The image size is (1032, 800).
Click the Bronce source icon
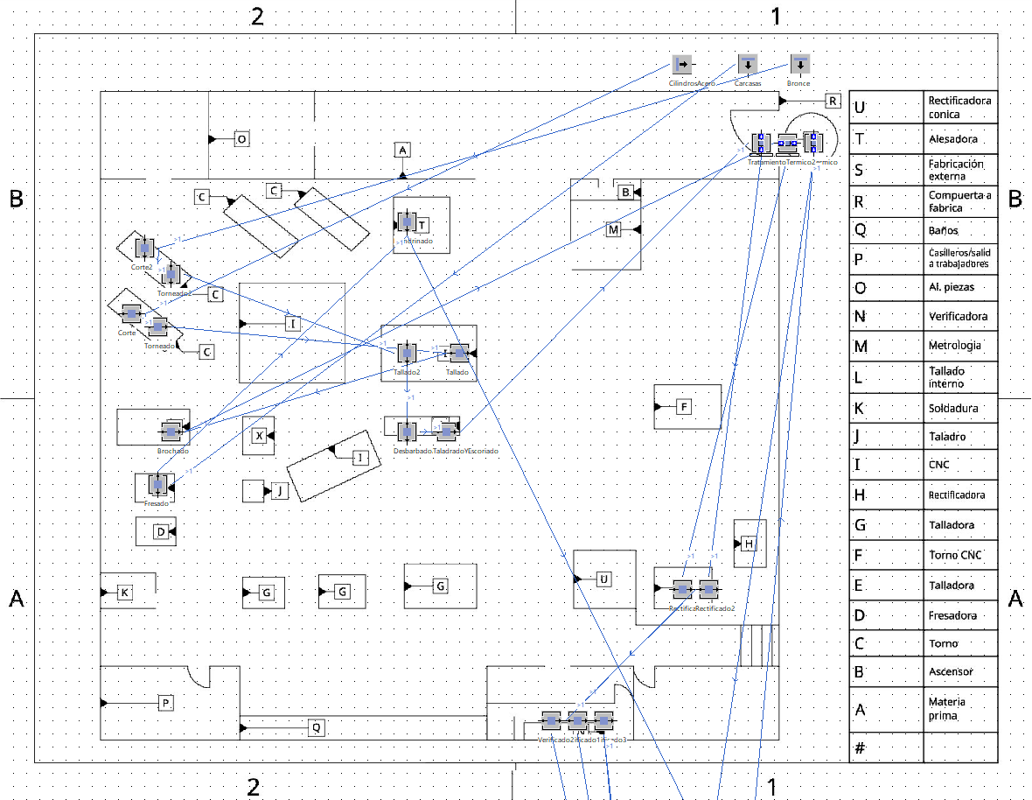point(799,65)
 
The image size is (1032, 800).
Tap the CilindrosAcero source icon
point(682,65)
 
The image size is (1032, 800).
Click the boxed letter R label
point(833,101)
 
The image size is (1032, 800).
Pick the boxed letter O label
point(242,138)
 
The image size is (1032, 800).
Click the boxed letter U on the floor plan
point(603,579)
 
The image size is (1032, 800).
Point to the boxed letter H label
point(749,544)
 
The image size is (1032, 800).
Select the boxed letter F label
point(684,406)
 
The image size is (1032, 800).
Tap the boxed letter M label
point(613,229)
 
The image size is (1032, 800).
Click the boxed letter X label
point(258,436)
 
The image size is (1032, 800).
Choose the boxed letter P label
point(165,703)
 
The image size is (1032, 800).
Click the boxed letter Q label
point(317,726)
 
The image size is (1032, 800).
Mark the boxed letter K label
point(124,593)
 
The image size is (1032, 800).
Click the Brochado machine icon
point(171,432)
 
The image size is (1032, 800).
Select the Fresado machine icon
point(157,484)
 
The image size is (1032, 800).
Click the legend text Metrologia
point(954,346)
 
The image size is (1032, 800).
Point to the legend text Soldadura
point(953,408)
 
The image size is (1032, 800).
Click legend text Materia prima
point(948,708)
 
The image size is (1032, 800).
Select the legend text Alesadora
point(953,139)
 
